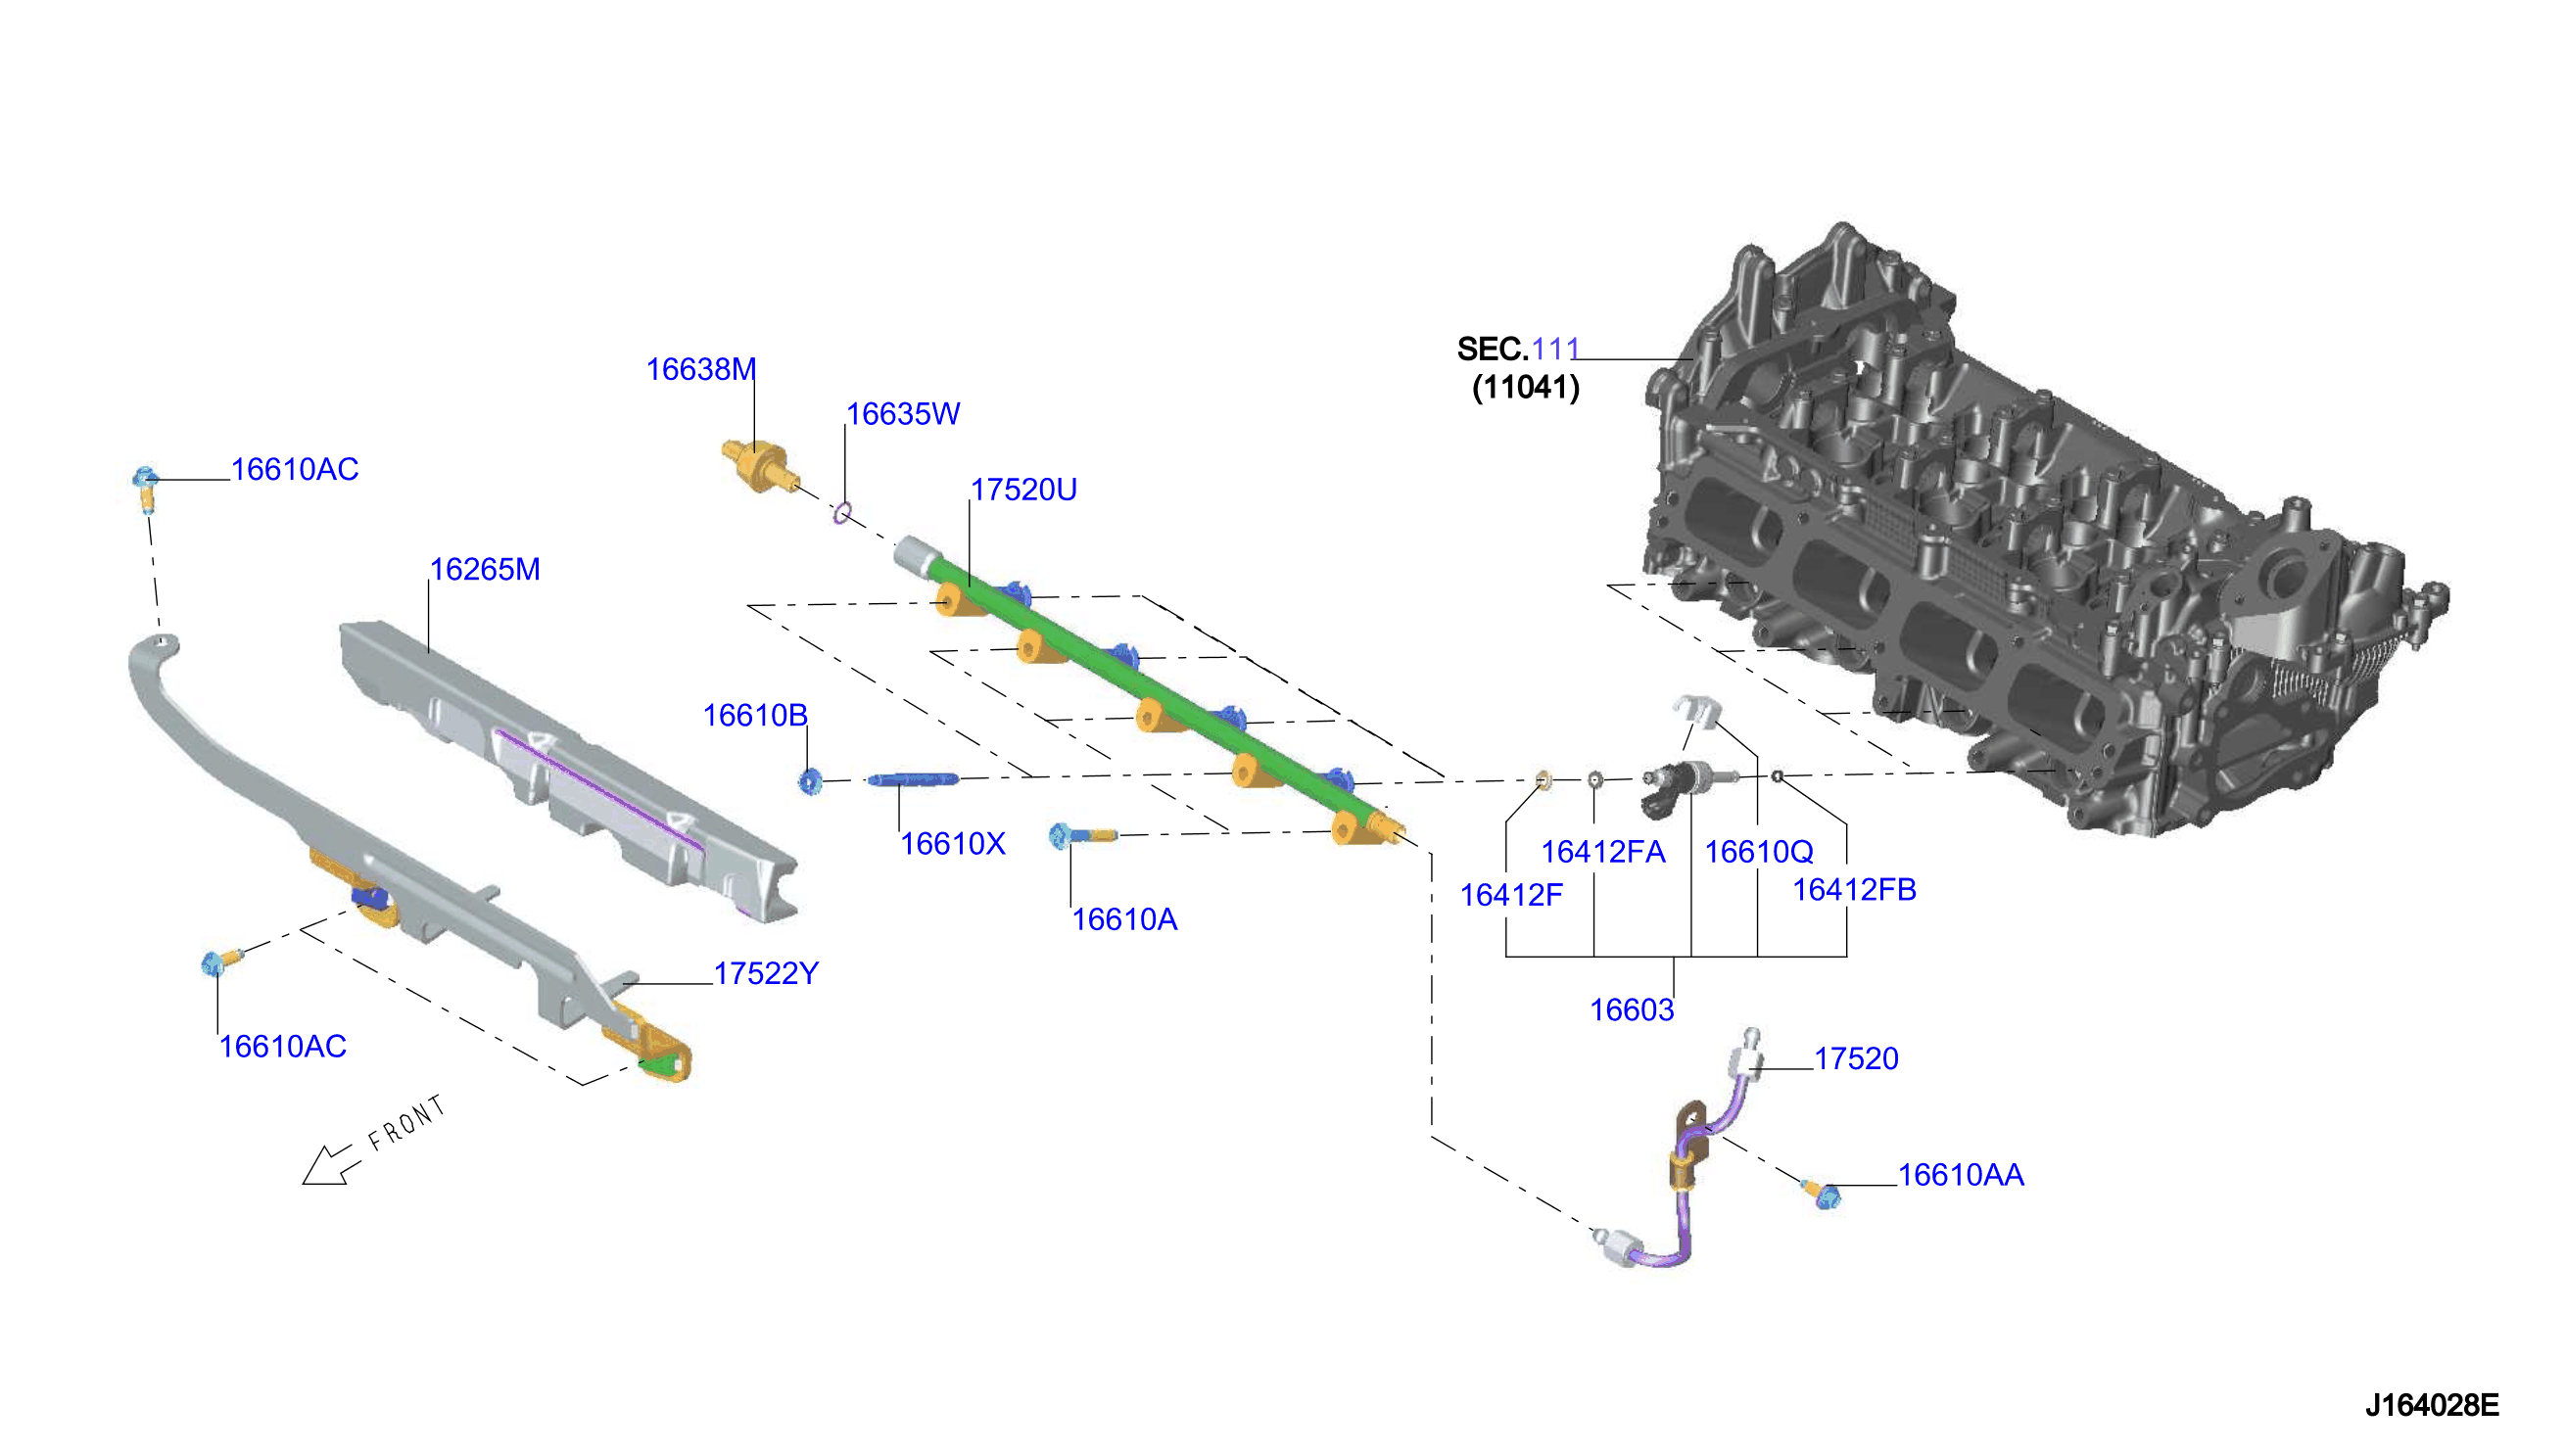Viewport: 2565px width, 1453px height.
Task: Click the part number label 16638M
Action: pyautogui.click(x=700, y=369)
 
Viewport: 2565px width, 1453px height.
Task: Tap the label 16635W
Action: pyautogui.click(x=903, y=414)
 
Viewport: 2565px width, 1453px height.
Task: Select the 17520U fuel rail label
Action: pyautogui.click(x=1024, y=490)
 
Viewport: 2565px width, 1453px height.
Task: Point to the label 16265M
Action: pyautogui.click(x=485, y=570)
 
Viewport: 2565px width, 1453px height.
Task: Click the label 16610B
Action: pyautogui.click(x=755, y=716)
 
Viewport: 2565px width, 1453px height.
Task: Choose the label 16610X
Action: pyautogui.click(x=953, y=844)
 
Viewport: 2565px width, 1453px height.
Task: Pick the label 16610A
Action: pyautogui.click(x=1124, y=920)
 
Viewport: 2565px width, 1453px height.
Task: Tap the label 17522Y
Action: pyautogui.click(x=767, y=974)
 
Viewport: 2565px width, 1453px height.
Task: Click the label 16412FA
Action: pyautogui.click(x=1603, y=852)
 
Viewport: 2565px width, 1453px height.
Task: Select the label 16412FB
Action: pyautogui.click(x=1854, y=890)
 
